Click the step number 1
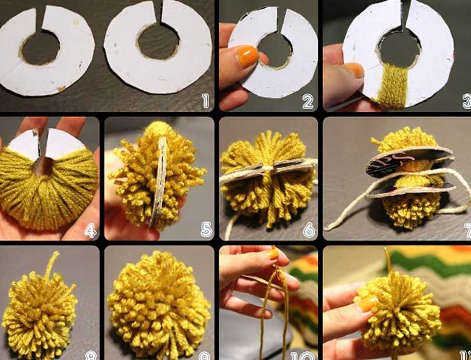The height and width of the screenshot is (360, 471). (x=204, y=102)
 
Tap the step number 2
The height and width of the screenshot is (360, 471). (x=308, y=102)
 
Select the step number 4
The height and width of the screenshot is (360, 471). (x=90, y=231)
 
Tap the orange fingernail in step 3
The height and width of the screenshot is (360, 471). (x=354, y=69)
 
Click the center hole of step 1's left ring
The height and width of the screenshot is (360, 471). (x=40, y=47)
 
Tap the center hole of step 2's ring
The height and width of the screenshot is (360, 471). (x=274, y=49)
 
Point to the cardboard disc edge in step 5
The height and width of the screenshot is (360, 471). (x=158, y=180)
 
